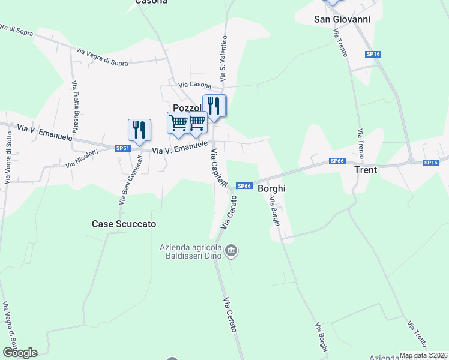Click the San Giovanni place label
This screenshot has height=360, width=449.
[x=342, y=19]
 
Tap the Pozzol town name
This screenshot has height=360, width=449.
[x=186, y=107]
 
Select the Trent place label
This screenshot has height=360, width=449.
[x=366, y=170]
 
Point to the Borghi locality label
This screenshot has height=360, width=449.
[x=271, y=188]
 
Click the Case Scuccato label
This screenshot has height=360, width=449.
[x=124, y=224]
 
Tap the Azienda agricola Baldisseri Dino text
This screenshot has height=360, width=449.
[x=191, y=251]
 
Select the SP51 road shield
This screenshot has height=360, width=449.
[x=122, y=148]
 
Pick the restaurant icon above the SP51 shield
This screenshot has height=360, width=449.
[x=139, y=130]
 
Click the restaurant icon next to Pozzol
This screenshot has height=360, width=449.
[x=215, y=106]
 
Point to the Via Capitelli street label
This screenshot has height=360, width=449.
[x=218, y=169]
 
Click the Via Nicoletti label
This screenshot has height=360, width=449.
[x=82, y=158]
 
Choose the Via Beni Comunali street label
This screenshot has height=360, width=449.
[x=131, y=180]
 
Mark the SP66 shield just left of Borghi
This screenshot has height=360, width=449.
[x=243, y=186]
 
